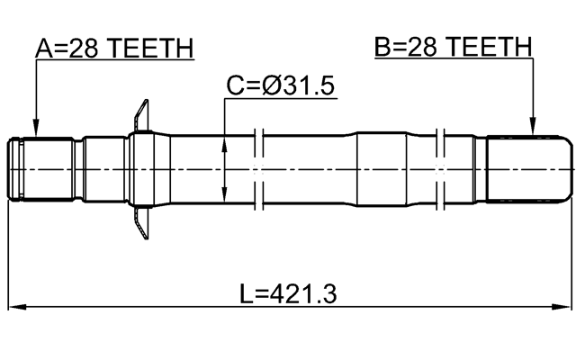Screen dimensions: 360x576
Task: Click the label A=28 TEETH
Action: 114,49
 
